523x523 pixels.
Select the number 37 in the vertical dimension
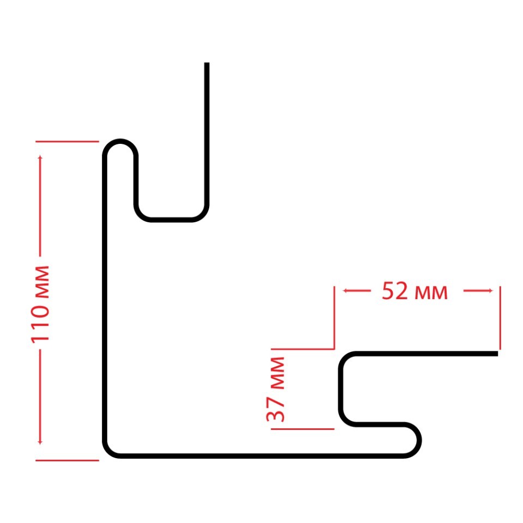coord(276,410)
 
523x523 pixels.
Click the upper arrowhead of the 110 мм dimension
coord(40,159)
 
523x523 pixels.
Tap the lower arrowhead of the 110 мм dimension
coord(40,442)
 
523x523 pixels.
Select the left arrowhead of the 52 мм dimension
coord(345,291)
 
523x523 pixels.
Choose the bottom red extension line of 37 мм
coord(302,429)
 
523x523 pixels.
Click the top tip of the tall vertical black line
coord(207,64)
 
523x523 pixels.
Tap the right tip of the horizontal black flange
coord(496,354)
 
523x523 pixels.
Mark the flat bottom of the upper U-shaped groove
coord(171,220)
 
